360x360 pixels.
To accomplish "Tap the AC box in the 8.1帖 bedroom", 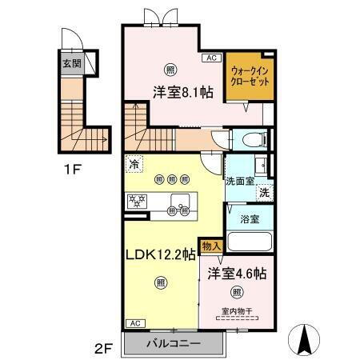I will pos(211,58).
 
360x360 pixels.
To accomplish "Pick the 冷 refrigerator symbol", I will pos(133,164).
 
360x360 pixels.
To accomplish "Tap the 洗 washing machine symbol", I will pos(264,192).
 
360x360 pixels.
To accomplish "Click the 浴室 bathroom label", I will pos(249,217).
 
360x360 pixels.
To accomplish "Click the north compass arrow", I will pos(305,339).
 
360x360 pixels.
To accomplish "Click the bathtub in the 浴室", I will pos(250,241).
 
